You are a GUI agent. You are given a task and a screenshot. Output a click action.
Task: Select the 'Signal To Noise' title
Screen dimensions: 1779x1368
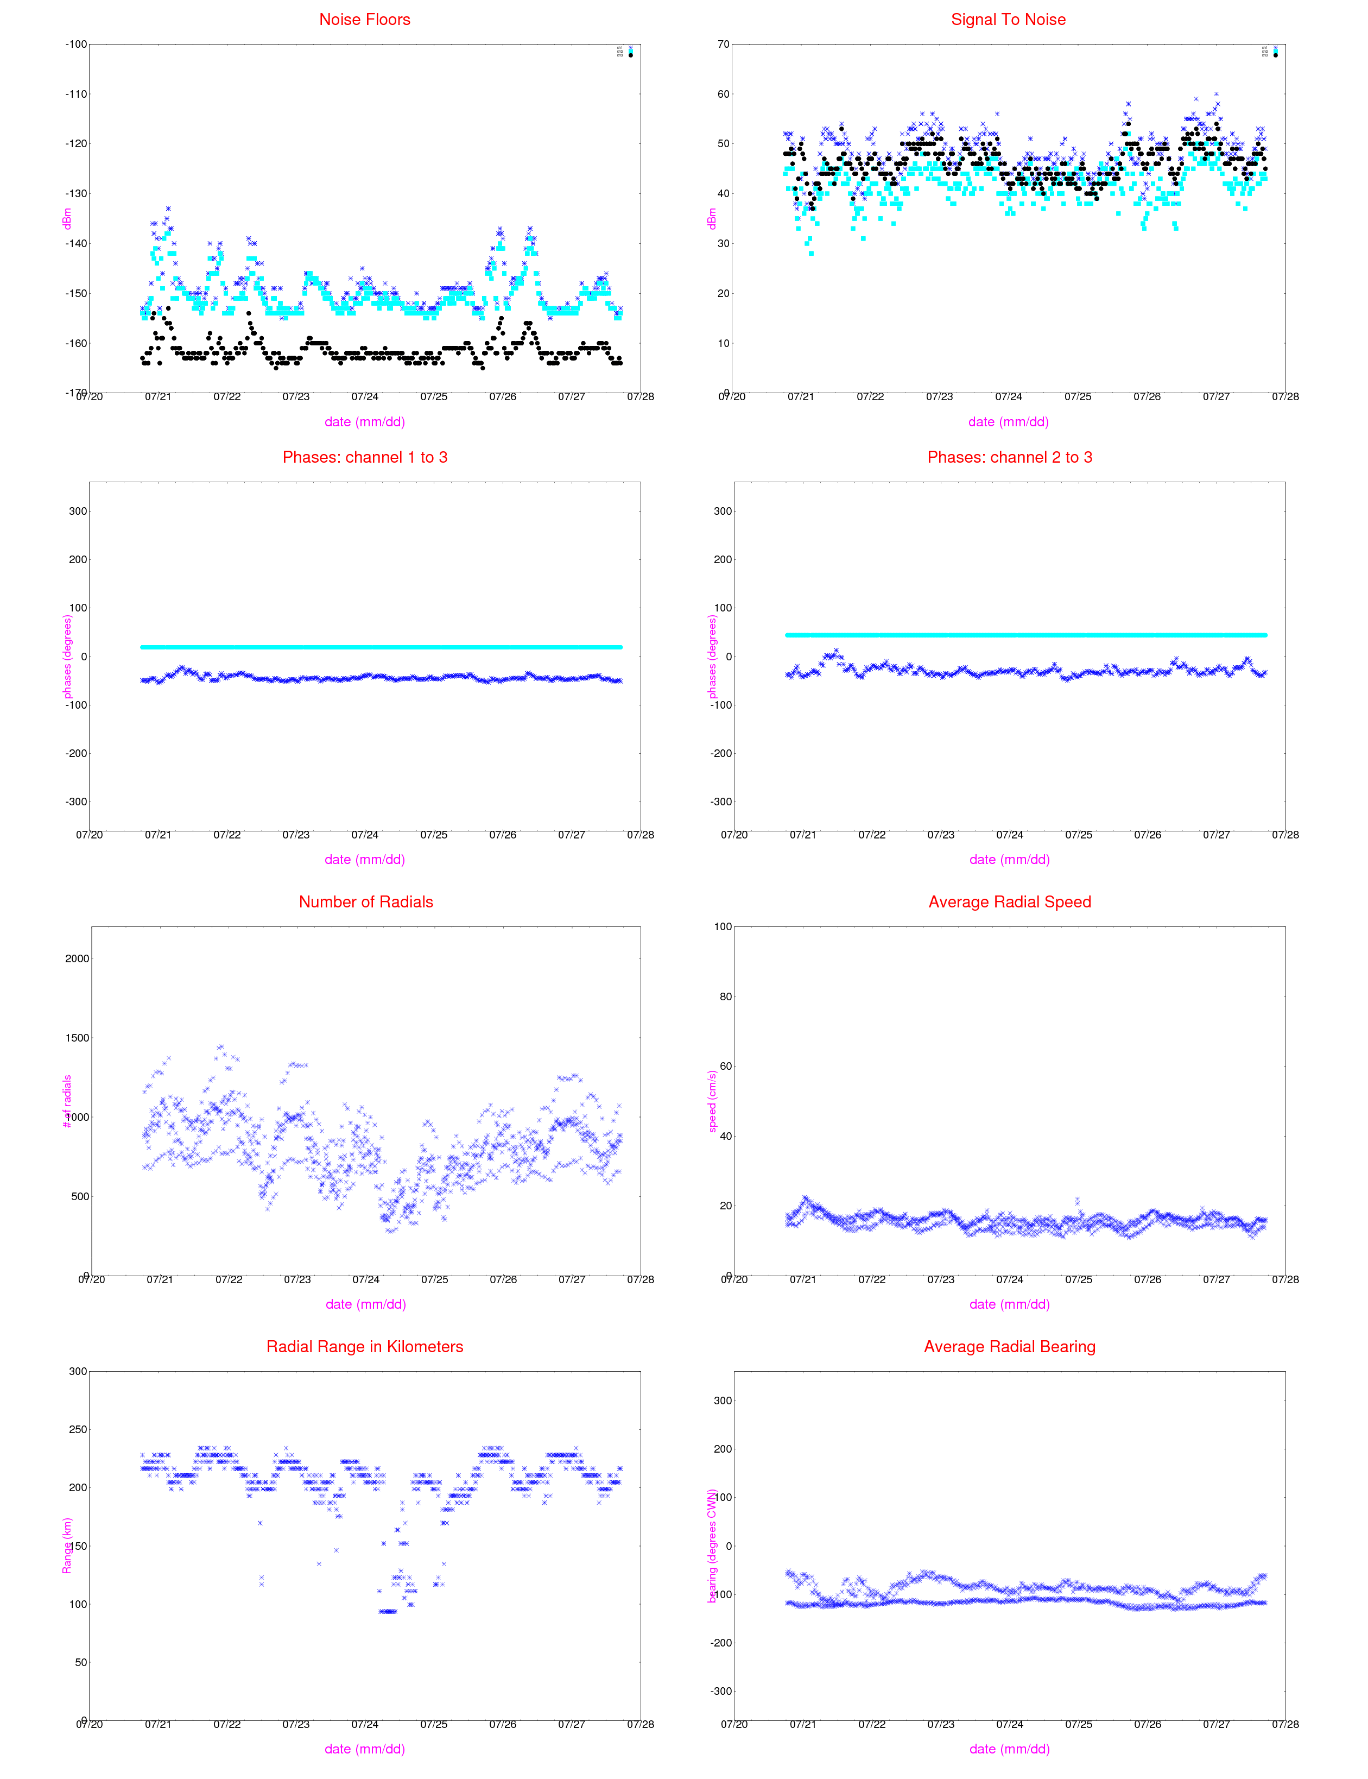(1008, 20)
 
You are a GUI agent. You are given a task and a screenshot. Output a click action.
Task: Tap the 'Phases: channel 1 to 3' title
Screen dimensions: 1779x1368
(365, 457)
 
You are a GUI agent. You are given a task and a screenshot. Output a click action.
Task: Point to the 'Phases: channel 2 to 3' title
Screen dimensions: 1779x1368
(1010, 457)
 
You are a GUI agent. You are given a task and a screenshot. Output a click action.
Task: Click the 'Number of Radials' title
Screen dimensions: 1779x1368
(366, 901)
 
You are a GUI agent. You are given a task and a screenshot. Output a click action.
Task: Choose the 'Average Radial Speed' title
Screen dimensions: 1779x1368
(1010, 901)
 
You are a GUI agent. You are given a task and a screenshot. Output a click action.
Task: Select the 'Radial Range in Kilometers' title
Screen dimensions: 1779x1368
(365, 1347)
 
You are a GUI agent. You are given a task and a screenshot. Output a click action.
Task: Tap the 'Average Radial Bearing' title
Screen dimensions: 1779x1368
(1010, 1347)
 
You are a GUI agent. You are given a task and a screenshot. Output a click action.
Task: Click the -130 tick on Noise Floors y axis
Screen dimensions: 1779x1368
(76, 194)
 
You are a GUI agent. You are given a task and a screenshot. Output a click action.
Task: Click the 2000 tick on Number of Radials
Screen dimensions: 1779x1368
(77, 959)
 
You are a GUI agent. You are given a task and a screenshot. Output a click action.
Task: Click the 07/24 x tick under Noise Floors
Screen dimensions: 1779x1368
(365, 396)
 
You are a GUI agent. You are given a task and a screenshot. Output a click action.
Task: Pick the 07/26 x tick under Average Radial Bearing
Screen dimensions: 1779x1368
(1148, 1725)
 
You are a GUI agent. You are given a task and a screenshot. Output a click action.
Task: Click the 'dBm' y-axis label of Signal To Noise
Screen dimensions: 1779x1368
(712, 218)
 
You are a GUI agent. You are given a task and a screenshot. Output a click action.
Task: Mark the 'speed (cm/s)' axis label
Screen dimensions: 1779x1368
(712, 1101)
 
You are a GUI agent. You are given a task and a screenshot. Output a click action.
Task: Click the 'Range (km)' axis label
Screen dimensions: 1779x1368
(67, 1545)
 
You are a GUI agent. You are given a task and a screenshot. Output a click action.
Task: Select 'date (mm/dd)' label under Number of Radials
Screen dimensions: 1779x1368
(366, 1304)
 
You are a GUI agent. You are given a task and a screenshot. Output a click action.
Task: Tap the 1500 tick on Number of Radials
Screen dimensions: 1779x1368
(77, 1038)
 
